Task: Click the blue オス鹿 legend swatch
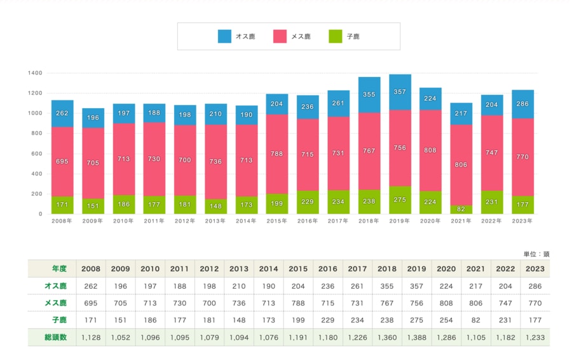point(224,36)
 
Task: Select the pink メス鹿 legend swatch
point(280,36)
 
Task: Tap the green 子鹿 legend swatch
point(336,36)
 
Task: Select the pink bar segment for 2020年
point(430,151)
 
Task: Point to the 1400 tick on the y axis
point(35,73)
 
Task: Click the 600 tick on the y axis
point(37,154)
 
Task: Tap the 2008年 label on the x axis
point(62,221)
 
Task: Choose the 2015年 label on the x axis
point(277,221)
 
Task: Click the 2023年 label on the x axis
point(522,221)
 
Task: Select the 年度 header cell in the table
point(51,269)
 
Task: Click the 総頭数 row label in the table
point(51,338)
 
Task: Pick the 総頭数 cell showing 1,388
point(416,338)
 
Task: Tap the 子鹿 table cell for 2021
point(476,321)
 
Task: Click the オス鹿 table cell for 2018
point(386,286)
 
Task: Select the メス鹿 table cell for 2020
point(446,303)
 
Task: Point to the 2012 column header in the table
point(208,269)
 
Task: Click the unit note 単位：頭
point(536,254)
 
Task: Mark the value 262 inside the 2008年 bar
point(62,114)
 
